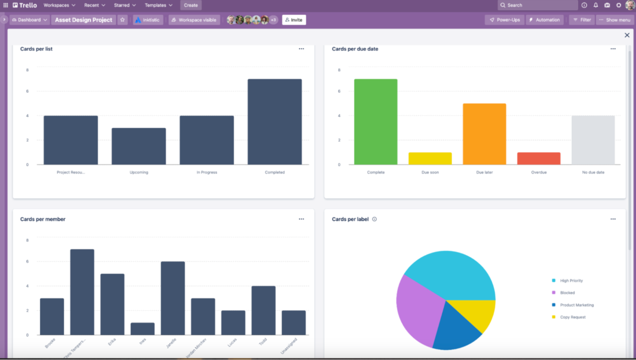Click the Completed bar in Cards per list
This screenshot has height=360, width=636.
pyautogui.click(x=275, y=122)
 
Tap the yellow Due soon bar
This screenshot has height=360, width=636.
pyautogui.click(x=430, y=158)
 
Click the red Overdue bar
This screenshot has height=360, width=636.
pyautogui.click(x=539, y=158)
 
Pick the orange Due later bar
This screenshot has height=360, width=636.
pyautogui.click(x=484, y=134)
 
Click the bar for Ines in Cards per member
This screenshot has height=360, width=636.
pyautogui.click(x=142, y=329)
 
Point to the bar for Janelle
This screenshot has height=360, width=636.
pyautogui.click(x=173, y=298)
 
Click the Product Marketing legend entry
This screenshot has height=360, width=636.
pyautogui.click(x=576, y=305)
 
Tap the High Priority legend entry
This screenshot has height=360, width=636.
pyautogui.click(x=571, y=281)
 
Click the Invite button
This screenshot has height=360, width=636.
pyautogui.click(x=294, y=20)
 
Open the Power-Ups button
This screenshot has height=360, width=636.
pyautogui.click(x=505, y=20)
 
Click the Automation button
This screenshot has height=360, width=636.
pyautogui.click(x=544, y=20)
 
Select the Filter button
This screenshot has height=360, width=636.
pyautogui.click(x=582, y=20)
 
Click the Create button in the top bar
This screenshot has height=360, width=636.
pyautogui.click(x=191, y=5)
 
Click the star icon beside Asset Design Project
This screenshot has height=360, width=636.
pyautogui.click(x=123, y=20)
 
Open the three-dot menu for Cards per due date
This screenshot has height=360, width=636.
pyautogui.click(x=613, y=49)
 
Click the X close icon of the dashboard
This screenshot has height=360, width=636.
pyautogui.click(x=627, y=35)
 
